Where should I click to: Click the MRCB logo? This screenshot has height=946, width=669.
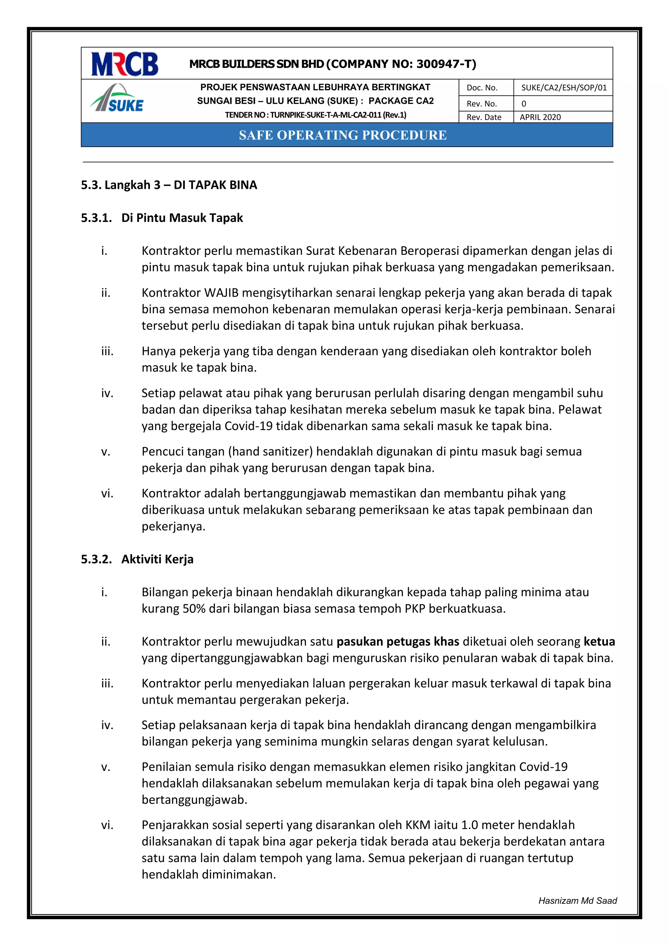click(x=124, y=64)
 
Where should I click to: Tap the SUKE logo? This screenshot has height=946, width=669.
click(x=117, y=99)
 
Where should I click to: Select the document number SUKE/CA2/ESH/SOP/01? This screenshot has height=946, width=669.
click(x=563, y=87)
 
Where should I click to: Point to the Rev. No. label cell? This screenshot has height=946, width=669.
click(x=481, y=103)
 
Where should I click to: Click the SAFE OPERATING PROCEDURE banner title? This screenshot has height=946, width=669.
click(x=342, y=135)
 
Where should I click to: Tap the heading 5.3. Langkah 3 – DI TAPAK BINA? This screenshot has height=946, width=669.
click(x=169, y=185)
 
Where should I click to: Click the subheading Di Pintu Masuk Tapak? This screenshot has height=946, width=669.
click(x=182, y=218)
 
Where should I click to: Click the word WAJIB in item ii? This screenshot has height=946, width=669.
click(x=221, y=292)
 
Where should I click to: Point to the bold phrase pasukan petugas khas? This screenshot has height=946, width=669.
click(x=398, y=641)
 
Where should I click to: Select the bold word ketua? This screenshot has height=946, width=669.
click(x=599, y=641)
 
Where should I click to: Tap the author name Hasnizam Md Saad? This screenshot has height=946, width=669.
click(x=577, y=900)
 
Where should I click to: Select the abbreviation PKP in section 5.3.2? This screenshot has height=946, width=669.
click(x=415, y=608)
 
